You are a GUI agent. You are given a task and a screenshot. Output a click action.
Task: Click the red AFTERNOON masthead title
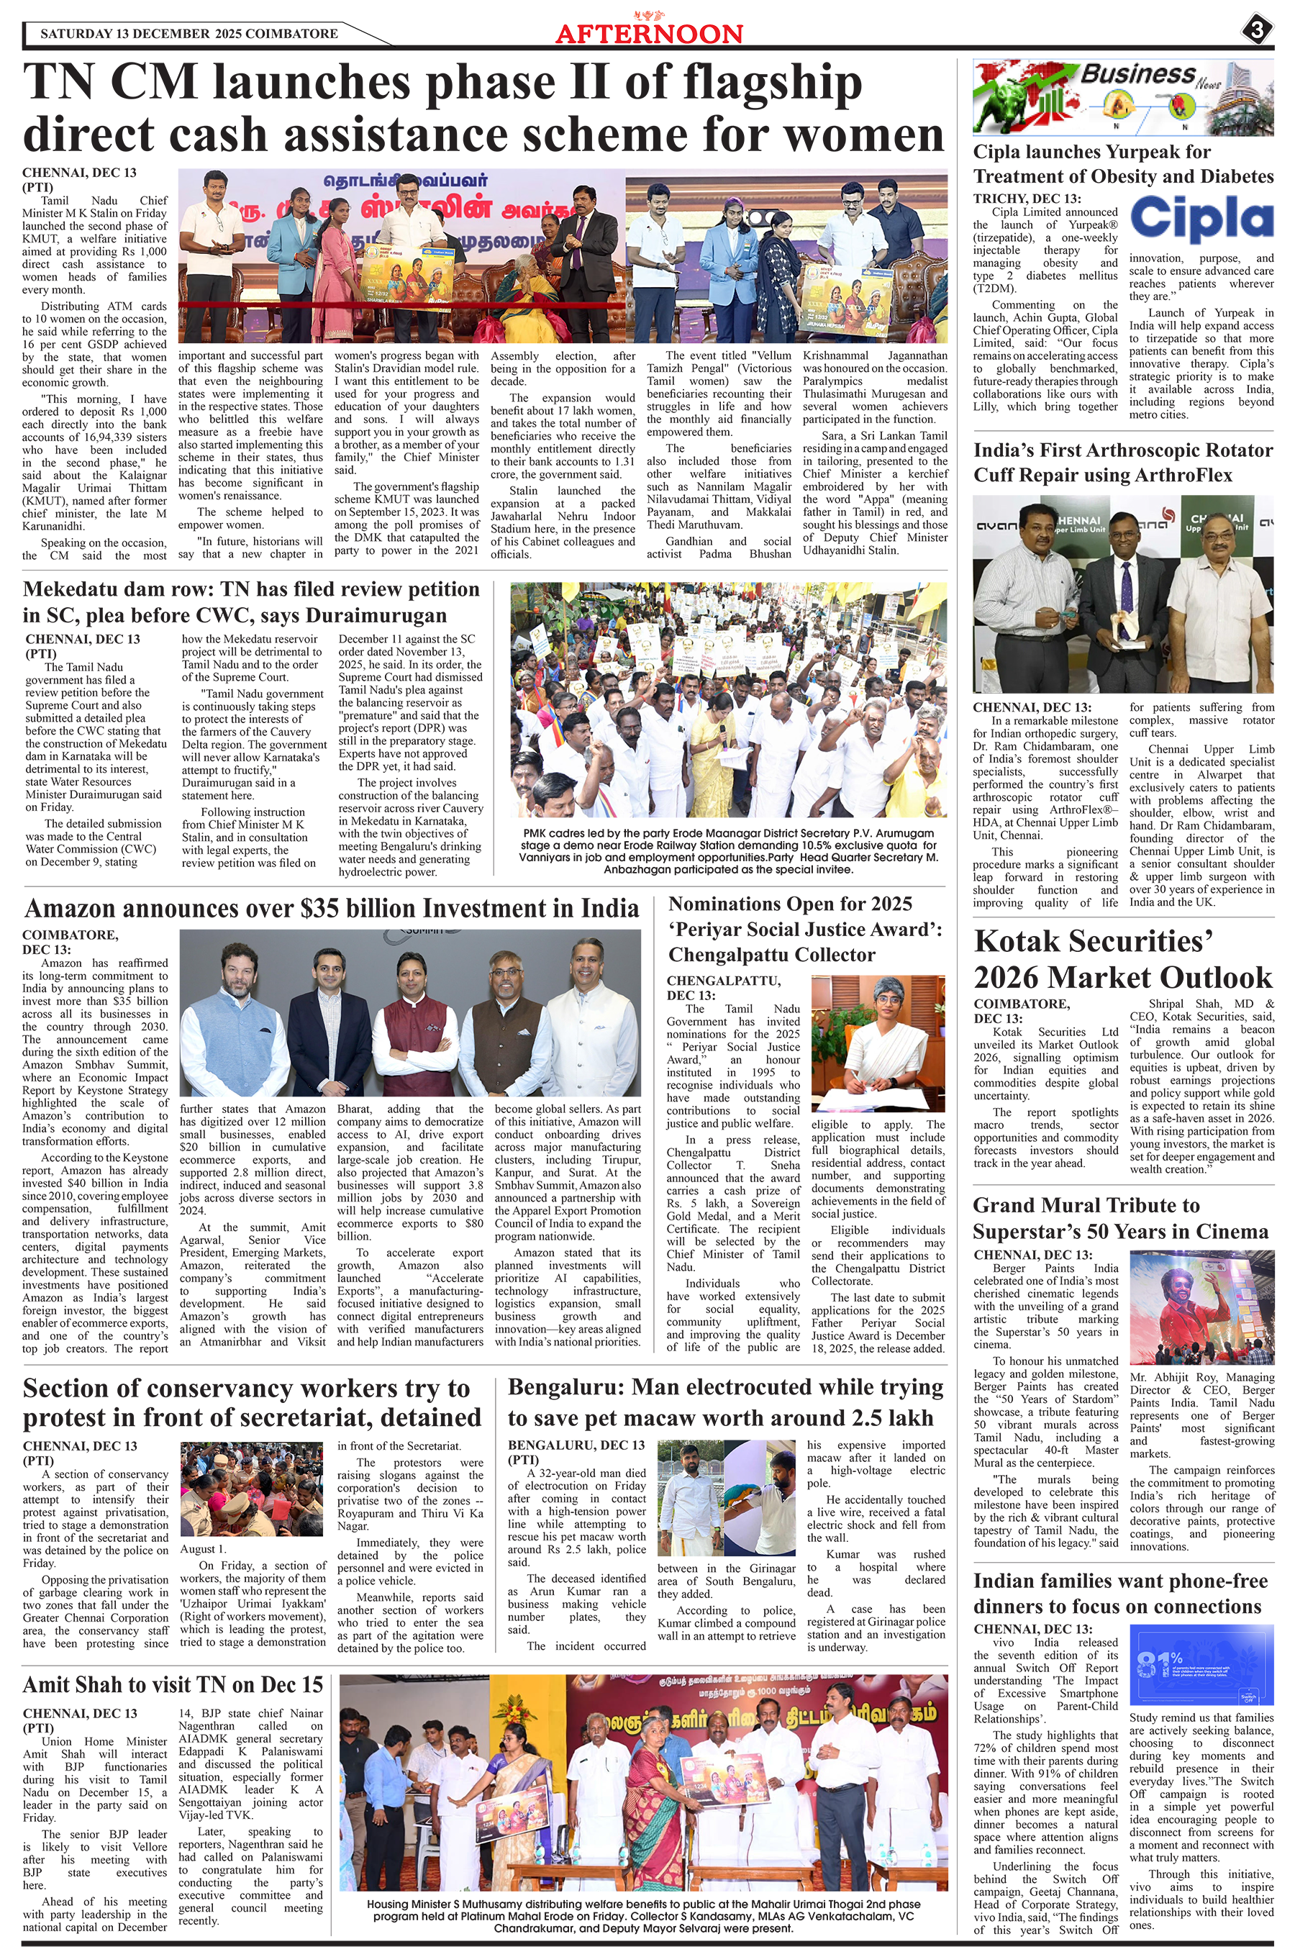pyautogui.click(x=649, y=33)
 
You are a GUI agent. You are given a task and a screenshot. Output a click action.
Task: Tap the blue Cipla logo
pyautogui.click(x=1201, y=219)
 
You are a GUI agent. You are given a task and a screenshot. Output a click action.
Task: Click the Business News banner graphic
pyautogui.click(x=1123, y=97)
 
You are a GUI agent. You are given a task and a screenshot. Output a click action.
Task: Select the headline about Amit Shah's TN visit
pyautogui.click(x=173, y=1684)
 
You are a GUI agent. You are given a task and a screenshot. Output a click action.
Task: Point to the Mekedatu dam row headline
pyautogui.click(x=252, y=602)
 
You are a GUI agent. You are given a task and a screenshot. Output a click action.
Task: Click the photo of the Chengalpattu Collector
pyautogui.click(x=878, y=1044)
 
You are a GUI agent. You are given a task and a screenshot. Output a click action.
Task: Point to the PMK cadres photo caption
pyautogui.click(x=728, y=850)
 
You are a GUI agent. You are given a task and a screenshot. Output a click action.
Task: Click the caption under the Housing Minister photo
pyautogui.click(x=643, y=1916)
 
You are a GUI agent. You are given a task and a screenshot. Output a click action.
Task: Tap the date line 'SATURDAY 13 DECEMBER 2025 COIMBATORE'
pyautogui.click(x=189, y=34)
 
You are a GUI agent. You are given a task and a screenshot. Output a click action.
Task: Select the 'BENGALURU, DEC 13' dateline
pyautogui.click(x=576, y=1445)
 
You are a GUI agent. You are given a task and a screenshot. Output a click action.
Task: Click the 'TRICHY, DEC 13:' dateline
pyautogui.click(x=1027, y=198)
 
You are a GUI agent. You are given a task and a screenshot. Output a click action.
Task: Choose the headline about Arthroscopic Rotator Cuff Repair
pyautogui.click(x=1123, y=463)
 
